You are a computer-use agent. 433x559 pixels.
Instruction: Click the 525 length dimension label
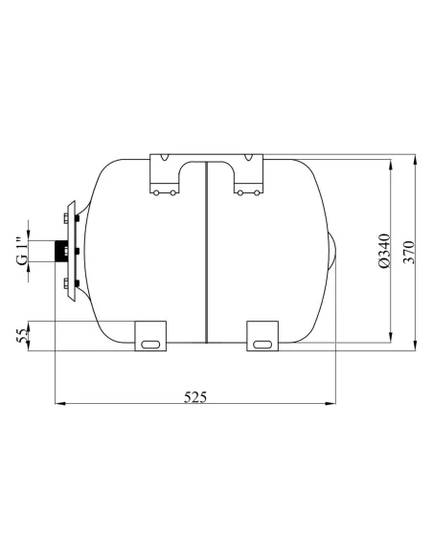tap(194, 397)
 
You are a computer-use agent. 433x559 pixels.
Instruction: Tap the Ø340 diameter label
tap(384, 251)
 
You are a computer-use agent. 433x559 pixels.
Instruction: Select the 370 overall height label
tap(409, 253)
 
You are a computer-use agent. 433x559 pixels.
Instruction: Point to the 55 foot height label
tap(22, 336)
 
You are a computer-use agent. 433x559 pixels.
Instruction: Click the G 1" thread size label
tap(22, 251)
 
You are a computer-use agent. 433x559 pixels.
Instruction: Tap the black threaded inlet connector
tap(59, 252)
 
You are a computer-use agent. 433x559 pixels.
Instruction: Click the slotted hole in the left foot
tap(150, 345)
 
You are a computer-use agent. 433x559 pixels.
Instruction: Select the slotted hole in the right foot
tap(262, 345)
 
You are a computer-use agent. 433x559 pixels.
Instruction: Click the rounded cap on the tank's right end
tap(331, 252)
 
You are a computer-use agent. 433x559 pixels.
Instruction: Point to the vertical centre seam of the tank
tap(207, 253)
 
